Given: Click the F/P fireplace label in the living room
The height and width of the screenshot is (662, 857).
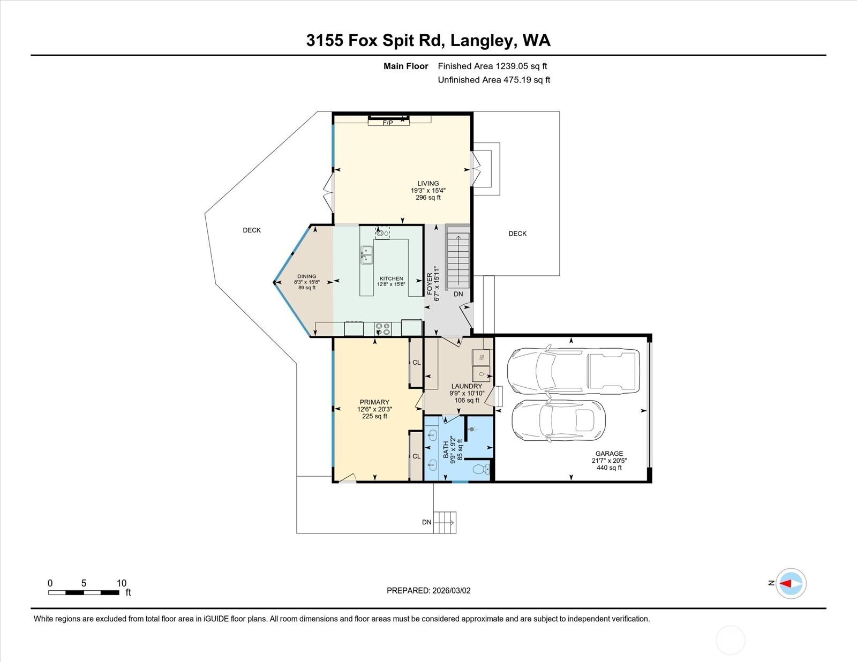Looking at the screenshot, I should click(x=388, y=123).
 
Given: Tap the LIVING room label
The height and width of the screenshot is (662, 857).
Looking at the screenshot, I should click(x=428, y=184).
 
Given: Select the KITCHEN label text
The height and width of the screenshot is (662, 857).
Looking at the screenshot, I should click(x=392, y=279).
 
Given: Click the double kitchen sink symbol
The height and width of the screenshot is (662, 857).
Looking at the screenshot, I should click(x=367, y=255).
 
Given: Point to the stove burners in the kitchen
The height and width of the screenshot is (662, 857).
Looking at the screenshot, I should click(x=382, y=329).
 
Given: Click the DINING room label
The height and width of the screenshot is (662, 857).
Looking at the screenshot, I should click(x=307, y=276).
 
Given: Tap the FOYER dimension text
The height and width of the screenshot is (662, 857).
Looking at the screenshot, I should click(x=437, y=283).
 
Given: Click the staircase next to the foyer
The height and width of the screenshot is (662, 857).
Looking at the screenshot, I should click(x=458, y=260).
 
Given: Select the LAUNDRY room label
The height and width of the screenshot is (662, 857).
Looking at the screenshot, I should click(x=467, y=386).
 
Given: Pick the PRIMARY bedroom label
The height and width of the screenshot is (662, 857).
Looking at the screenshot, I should click(x=374, y=402).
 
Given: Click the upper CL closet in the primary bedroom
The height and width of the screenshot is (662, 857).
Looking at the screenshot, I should click(x=417, y=363).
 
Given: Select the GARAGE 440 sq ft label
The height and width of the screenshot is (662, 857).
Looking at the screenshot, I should click(x=609, y=461).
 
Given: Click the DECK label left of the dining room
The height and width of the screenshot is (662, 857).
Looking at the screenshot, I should click(x=252, y=230).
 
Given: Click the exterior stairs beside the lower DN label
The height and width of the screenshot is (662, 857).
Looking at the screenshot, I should click(x=445, y=520).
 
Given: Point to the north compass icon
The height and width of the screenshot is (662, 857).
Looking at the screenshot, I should click(x=791, y=583).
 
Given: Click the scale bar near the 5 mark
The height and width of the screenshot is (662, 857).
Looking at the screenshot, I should click(x=84, y=592).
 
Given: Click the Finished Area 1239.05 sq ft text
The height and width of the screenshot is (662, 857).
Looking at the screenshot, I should click(x=492, y=66).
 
